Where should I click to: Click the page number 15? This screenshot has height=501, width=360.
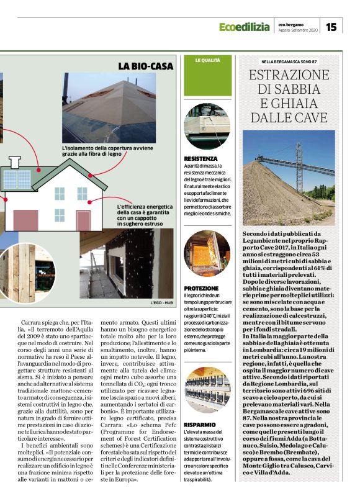331,27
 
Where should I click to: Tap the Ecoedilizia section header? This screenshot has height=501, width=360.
245,27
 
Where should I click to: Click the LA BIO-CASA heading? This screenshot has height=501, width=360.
145,65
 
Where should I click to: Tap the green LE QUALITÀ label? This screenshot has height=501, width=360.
207,60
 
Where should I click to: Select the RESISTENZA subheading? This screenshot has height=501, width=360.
200,159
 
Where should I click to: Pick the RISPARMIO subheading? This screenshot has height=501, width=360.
199,423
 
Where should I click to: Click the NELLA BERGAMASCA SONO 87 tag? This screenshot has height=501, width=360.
289,61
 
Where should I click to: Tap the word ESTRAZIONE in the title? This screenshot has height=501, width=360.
289,76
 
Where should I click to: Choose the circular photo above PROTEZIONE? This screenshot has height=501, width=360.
207,254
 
